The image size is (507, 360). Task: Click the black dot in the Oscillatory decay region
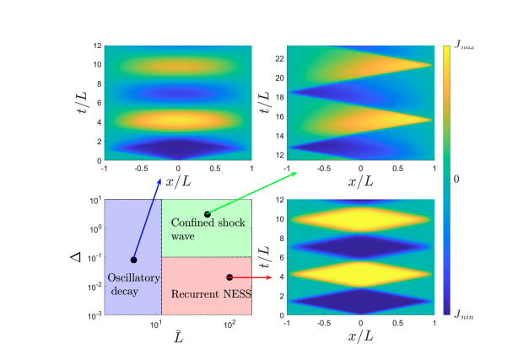coord(133,260)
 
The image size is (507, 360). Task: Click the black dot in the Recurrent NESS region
coord(229,277)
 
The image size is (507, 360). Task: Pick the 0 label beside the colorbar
coord(456,180)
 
